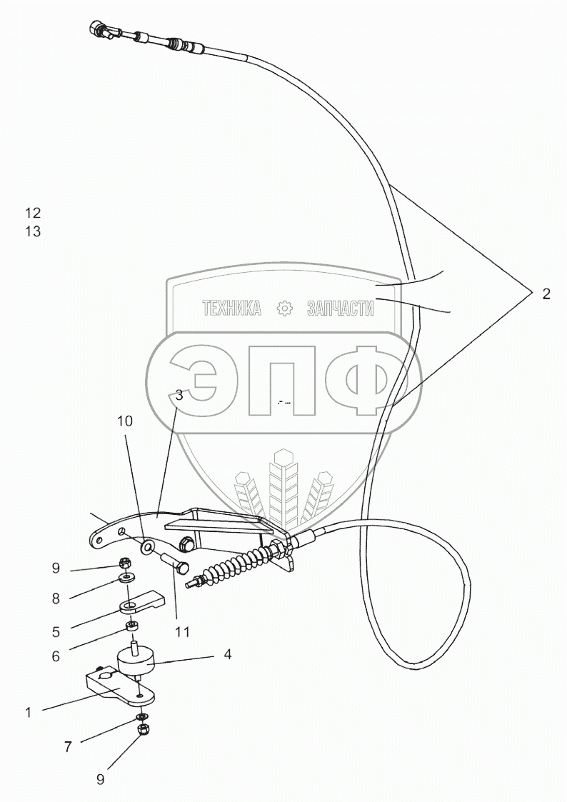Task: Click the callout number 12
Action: pyautogui.click(x=33, y=213)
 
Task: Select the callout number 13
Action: pyautogui.click(x=33, y=231)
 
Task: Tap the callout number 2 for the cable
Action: pyautogui.click(x=546, y=294)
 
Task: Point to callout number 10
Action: pyautogui.click(x=125, y=422)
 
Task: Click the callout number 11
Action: pyautogui.click(x=184, y=631)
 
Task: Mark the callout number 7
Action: pyautogui.click(x=69, y=747)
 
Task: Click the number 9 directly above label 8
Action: pyautogui.click(x=55, y=569)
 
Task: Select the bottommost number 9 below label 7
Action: pyautogui.click(x=100, y=780)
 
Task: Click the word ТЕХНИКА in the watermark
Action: pyautogui.click(x=232, y=309)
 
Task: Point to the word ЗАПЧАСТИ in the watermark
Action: pyautogui.click(x=340, y=309)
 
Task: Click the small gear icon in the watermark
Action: pyautogui.click(x=284, y=309)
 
